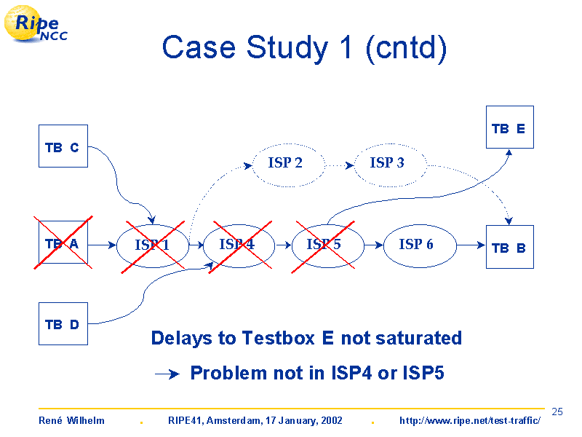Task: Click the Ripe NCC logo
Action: click(x=36, y=24)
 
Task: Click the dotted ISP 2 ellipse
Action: click(x=288, y=143)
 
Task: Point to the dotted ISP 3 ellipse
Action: click(x=391, y=143)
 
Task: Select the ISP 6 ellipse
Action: click(x=420, y=225)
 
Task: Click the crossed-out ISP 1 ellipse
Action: click(x=153, y=225)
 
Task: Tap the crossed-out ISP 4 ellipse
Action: click(x=239, y=225)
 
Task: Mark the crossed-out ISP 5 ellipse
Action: click(x=328, y=225)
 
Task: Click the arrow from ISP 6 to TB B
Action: click(x=471, y=245)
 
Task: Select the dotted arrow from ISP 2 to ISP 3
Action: click(x=340, y=165)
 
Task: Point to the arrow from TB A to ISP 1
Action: click(x=102, y=245)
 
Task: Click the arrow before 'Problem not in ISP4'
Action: click(x=167, y=374)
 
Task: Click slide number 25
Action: click(x=557, y=412)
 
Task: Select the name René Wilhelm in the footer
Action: click(x=71, y=420)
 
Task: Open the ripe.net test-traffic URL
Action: click(x=470, y=420)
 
